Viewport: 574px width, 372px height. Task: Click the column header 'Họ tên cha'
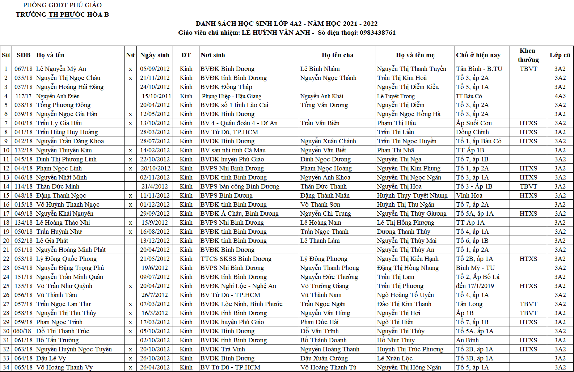(337, 55)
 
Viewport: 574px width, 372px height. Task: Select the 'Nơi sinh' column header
(213, 55)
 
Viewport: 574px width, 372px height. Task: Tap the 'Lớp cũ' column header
(560, 55)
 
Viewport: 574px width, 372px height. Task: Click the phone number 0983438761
(377, 33)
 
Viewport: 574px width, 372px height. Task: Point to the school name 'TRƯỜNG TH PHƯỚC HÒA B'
(62, 14)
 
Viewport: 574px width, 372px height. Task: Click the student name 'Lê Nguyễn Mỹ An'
(61, 69)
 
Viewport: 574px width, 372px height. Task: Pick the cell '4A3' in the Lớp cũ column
(560, 96)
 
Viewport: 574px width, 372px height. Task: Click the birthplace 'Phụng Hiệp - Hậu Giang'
(232, 96)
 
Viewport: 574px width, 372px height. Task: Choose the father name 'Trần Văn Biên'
(320, 123)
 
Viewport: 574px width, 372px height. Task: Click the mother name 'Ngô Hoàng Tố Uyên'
(405, 295)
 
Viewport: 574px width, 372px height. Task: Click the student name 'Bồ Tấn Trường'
(57, 340)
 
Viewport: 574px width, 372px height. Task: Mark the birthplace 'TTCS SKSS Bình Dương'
(236, 259)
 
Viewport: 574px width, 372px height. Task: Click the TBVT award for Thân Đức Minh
(528, 186)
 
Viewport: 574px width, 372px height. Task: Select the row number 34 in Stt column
(6, 367)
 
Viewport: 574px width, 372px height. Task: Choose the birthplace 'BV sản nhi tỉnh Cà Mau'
(233, 150)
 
